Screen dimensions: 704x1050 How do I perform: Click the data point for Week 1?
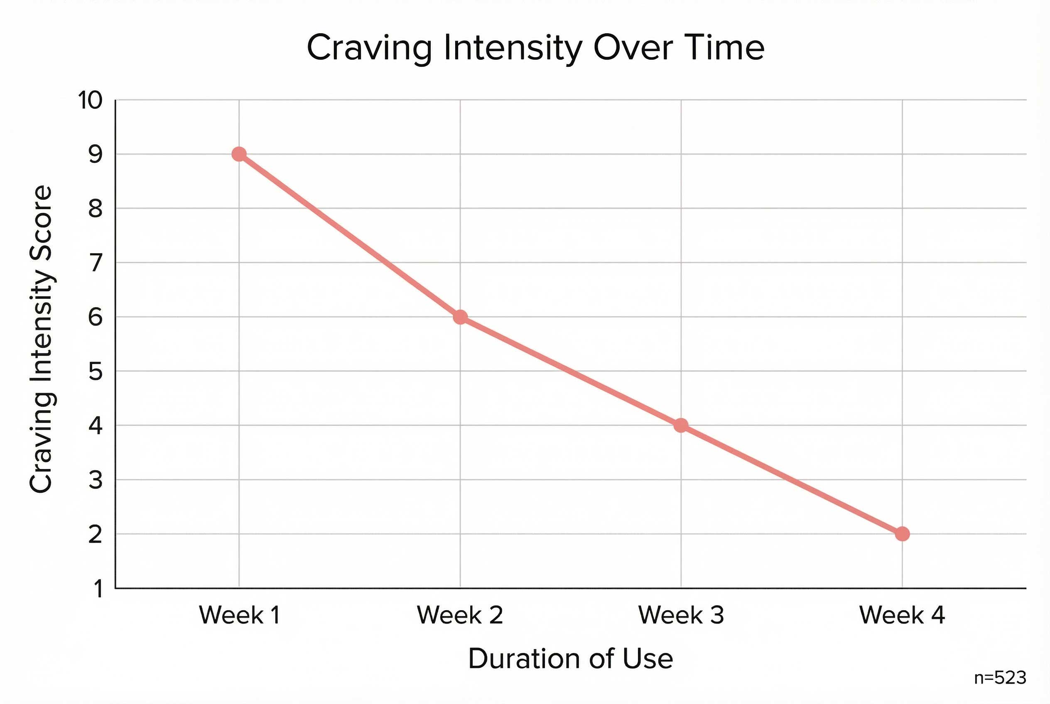point(239,154)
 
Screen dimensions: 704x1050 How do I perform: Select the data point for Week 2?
point(460,317)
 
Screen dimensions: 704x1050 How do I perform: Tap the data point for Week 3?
point(681,425)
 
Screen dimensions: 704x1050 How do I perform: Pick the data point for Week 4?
point(902,534)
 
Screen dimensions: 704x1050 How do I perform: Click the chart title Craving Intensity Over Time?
point(535,48)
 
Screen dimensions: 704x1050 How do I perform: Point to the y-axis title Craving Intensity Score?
point(42,340)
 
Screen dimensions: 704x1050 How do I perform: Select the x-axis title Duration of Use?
point(570,659)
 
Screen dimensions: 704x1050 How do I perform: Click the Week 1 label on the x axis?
point(240,615)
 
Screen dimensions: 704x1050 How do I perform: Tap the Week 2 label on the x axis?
point(460,615)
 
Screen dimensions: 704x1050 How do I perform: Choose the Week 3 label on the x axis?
point(681,615)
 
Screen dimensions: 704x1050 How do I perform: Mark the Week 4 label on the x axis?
point(902,615)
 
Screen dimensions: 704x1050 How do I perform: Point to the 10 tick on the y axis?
point(90,100)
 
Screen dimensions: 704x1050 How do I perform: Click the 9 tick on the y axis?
point(95,154)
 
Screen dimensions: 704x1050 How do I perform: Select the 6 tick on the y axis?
point(95,318)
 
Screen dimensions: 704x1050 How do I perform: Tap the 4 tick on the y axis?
point(95,425)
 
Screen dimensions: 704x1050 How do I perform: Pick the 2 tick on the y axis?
point(95,534)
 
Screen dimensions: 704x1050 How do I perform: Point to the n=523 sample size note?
point(1000,678)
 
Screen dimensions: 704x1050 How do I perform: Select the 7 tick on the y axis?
point(96,263)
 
